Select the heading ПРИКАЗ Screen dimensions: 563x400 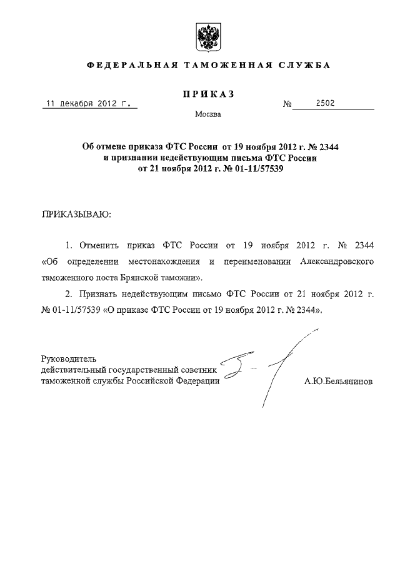point(208,94)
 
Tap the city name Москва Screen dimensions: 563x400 point(207,114)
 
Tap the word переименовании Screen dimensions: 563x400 point(236,261)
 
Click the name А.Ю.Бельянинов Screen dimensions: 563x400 point(337,381)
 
